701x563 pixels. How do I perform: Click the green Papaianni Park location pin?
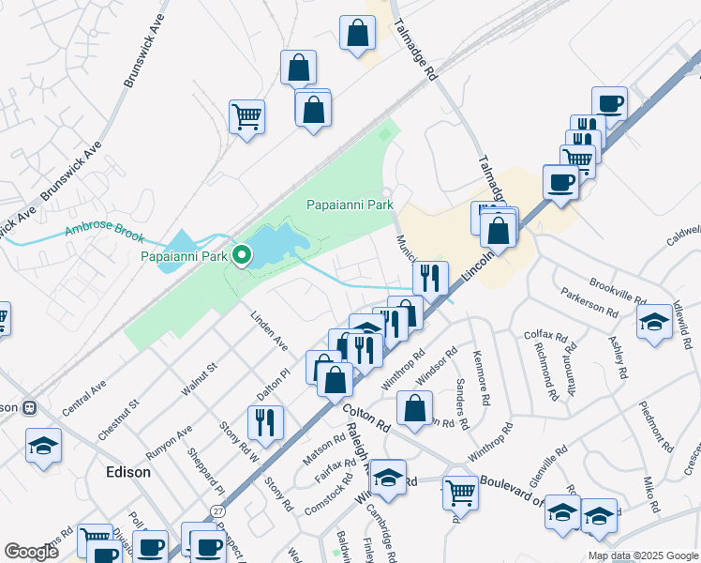[242, 255]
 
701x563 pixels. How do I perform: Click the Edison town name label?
[127, 472]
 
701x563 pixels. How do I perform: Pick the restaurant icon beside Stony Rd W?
[266, 421]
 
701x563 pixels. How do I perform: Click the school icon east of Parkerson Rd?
[654, 323]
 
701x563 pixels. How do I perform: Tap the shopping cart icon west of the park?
[247, 116]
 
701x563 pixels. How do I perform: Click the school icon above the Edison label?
[43, 446]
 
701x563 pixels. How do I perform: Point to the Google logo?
[31, 552]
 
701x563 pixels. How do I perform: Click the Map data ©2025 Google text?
[643, 555]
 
